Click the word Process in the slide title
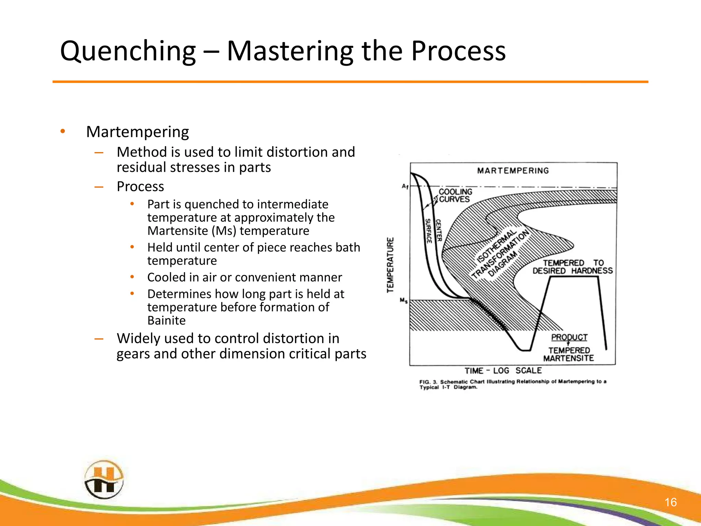(458, 51)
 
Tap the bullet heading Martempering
(137, 132)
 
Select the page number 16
(671, 502)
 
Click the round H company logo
(104, 479)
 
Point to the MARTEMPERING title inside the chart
(513, 171)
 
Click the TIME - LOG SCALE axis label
(503, 371)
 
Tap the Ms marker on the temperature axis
(404, 301)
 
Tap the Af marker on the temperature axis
(405, 186)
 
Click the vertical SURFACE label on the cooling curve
(428, 231)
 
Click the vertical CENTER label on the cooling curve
(438, 230)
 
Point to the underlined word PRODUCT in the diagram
(569, 337)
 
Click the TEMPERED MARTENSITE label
(569, 354)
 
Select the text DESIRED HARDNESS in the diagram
(572, 271)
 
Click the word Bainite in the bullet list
(166, 321)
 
